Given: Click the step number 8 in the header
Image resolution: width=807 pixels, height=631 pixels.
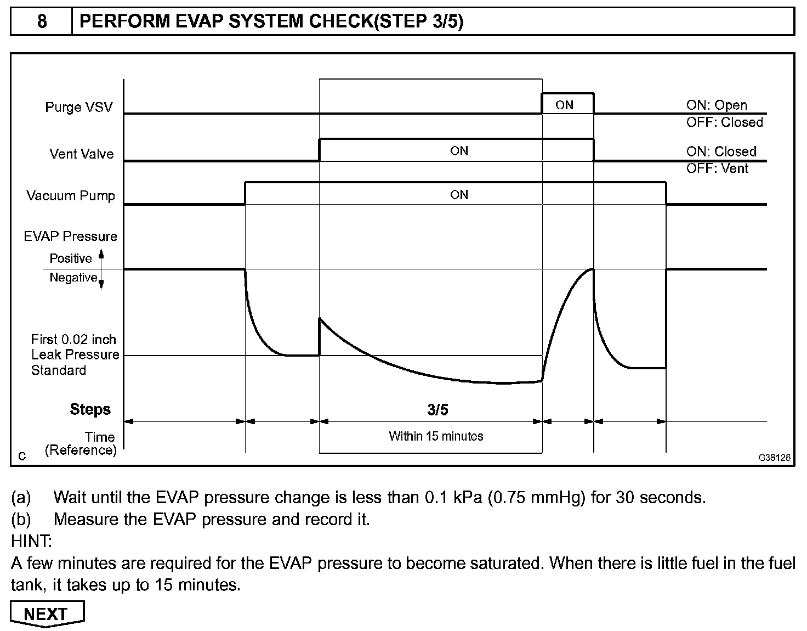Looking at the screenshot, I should pos(42,21).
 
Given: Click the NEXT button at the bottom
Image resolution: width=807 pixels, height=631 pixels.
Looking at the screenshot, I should pos(47,613).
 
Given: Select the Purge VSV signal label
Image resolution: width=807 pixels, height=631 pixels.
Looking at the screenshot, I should pos(78,107).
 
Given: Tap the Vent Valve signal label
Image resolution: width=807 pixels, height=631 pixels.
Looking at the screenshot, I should pos(81,154).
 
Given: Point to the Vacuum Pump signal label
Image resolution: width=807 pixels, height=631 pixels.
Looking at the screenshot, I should pos(71,196).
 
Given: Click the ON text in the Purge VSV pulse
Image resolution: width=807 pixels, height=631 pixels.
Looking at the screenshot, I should pos(564,105).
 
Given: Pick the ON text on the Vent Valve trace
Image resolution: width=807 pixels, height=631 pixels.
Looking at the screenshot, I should pos(459,151).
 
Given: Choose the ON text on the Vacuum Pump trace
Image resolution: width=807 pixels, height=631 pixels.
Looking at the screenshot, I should pos(459,195).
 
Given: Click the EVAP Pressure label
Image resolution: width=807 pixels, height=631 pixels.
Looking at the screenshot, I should pos(70,236).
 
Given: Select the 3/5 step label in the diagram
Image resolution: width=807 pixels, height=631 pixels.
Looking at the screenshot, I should pos(437,409).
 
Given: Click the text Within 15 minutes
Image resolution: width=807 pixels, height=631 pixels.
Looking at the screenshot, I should pos(436,436).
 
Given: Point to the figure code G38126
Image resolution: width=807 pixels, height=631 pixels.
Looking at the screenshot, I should pos(775,457).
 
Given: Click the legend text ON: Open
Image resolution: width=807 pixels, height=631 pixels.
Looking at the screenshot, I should pos(716,105).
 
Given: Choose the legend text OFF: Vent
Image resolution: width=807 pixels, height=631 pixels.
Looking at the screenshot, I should pos(717,168).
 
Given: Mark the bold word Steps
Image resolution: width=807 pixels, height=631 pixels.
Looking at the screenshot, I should pos(90,409).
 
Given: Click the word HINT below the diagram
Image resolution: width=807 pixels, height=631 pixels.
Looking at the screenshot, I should pos(31,542).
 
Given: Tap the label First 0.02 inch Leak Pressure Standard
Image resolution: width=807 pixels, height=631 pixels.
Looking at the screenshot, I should pos(75,354).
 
